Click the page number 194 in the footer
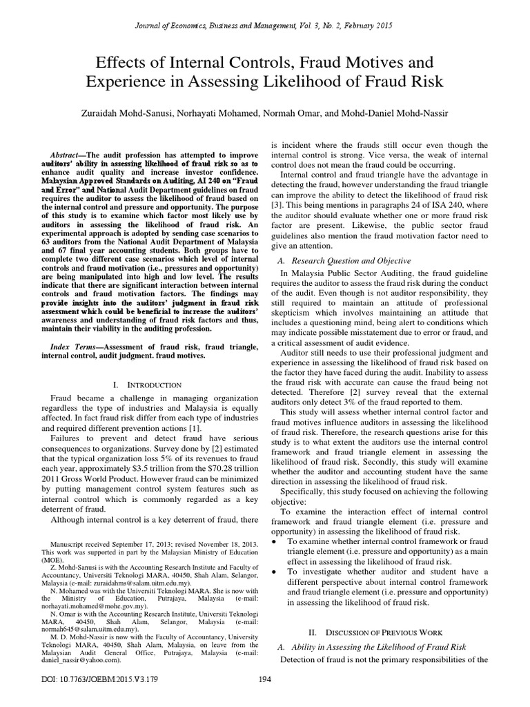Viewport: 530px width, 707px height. [264, 697]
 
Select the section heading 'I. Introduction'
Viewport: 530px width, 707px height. [145, 384]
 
